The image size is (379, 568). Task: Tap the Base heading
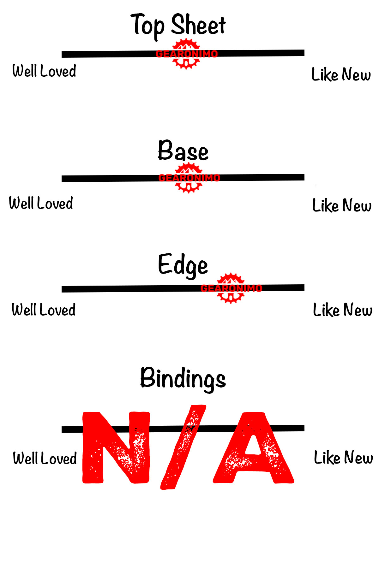(x=183, y=151)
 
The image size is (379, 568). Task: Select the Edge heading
(x=183, y=265)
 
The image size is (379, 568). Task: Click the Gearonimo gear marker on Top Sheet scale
(x=187, y=54)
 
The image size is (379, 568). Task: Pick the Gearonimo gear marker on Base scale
(x=189, y=178)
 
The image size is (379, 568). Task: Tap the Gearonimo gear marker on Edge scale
(x=231, y=288)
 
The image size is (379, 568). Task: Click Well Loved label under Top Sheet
(x=44, y=71)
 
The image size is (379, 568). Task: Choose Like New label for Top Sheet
(x=341, y=74)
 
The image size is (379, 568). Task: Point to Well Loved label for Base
(x=41, y=203)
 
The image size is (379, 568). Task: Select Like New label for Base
(x=342, y=205)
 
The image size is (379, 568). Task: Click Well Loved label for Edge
(x=44, y=310)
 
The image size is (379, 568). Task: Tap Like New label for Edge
(x=343, y=310)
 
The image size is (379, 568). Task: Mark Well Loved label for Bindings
(x=45, y=458)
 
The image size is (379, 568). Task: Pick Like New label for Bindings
(x=343, y=458)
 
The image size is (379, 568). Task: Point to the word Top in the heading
(x=147, y=25)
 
